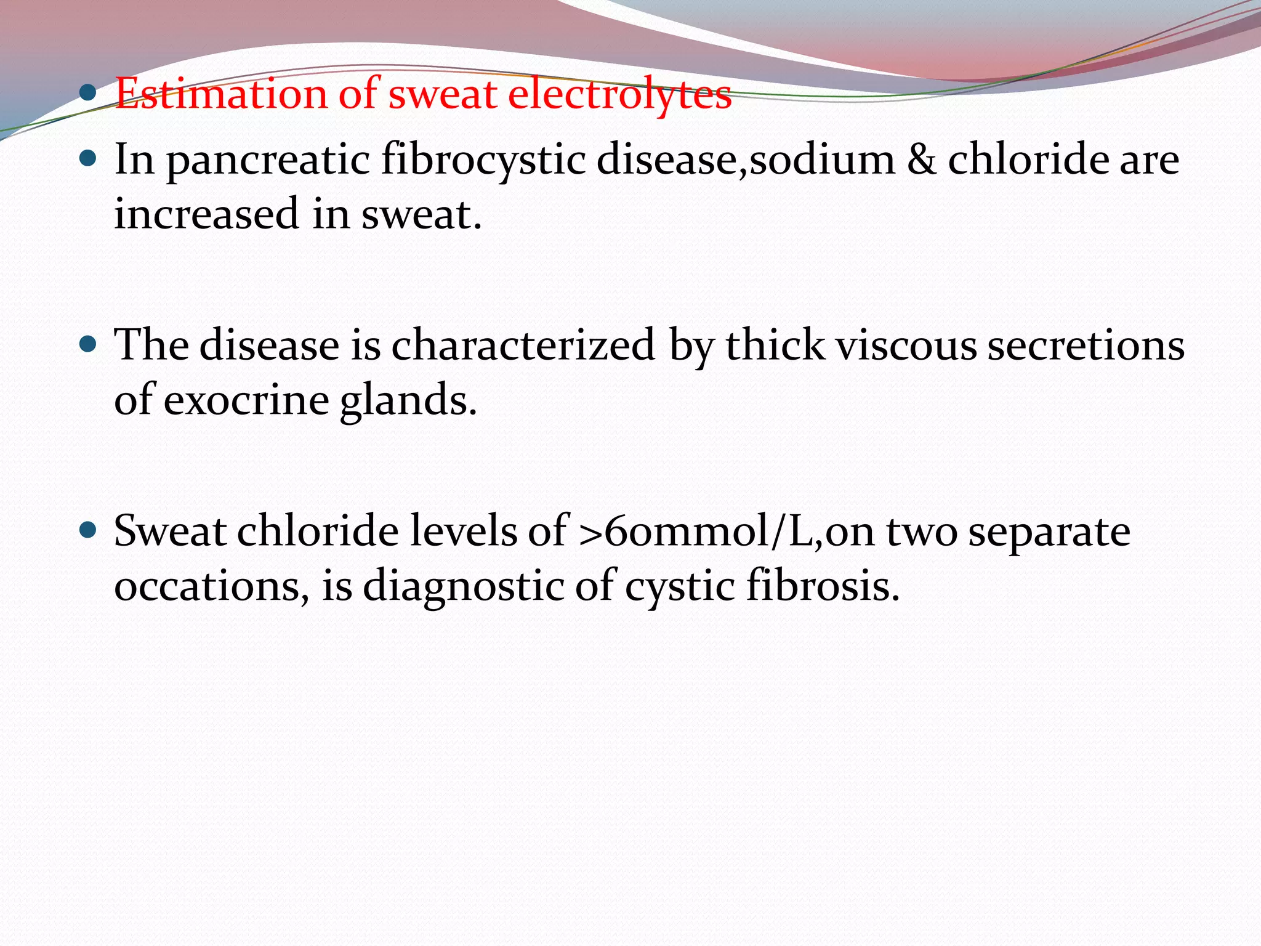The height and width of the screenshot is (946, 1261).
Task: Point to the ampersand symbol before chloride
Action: coord(921,160)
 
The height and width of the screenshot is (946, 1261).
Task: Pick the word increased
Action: coord(206,214)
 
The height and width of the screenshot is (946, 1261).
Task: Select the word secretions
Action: coord(1086,346)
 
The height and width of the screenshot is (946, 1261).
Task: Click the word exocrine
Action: coord(246,401)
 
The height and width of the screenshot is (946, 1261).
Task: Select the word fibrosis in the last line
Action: coord(823,586)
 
